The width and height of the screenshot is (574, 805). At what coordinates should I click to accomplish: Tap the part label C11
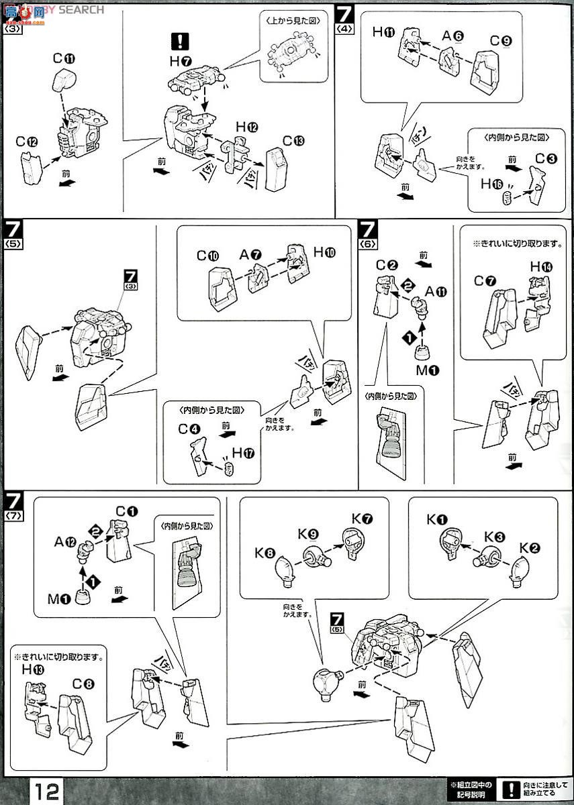(x=64, y=58)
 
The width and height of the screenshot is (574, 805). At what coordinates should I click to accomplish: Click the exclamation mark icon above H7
(x=180, y=42)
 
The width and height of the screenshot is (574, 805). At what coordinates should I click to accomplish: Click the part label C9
(x=500, y=41)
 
